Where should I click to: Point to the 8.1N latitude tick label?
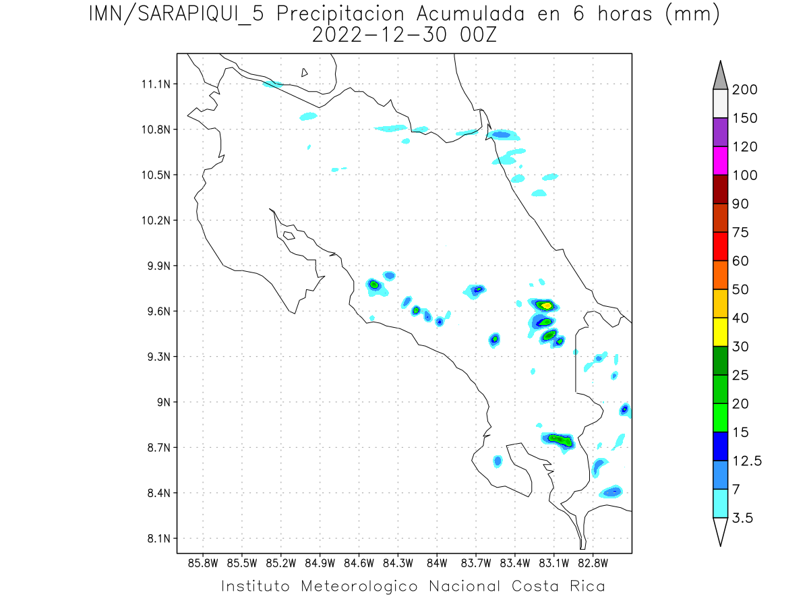point(156,538)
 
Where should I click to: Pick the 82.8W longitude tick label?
point(593,562)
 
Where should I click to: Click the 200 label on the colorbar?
point(744,90)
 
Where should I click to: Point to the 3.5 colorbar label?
point(743,518)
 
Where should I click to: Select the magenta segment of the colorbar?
point(720,161)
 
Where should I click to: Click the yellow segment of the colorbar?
point(720,331)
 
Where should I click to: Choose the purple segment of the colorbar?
point(720,132)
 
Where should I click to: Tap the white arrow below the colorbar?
point(720,531)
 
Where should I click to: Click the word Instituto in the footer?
point(256,586)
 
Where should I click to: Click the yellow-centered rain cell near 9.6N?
point(545,306)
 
